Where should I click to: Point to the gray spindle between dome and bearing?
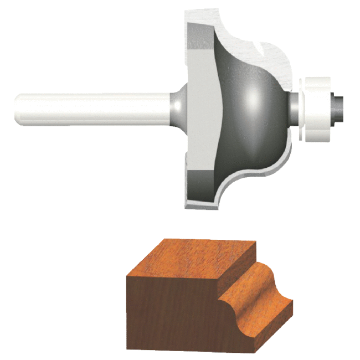tap(291, 105)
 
